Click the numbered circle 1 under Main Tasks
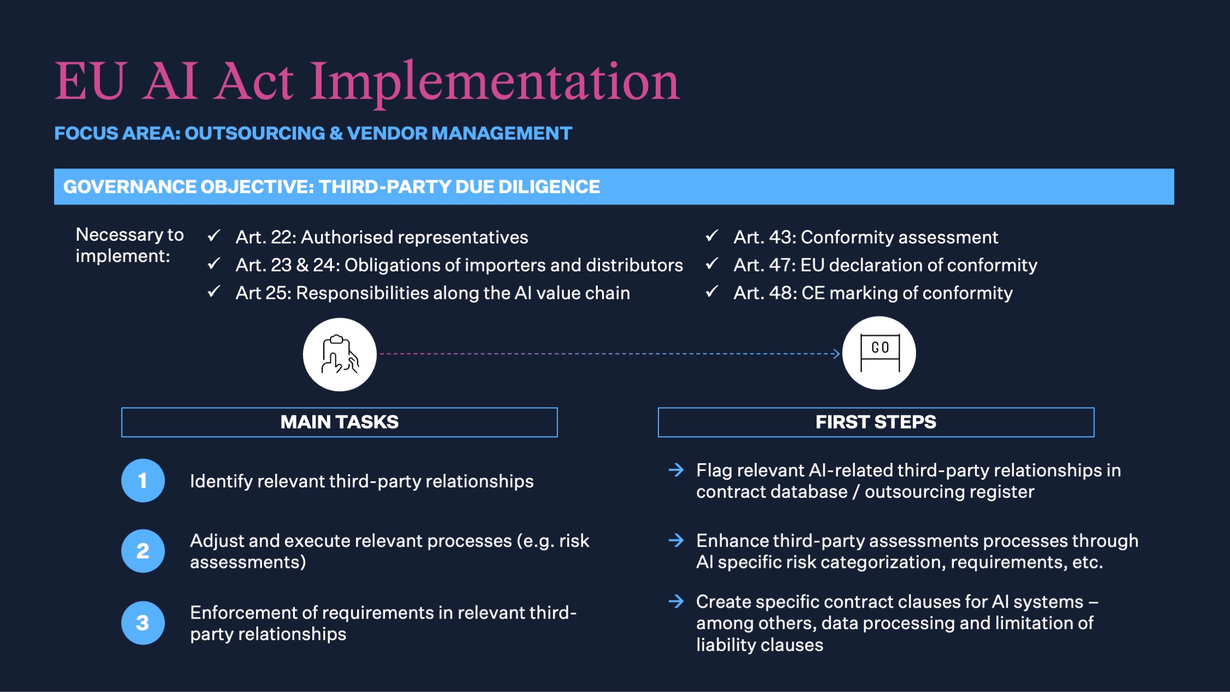point(143,480)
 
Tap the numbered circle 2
point(143,551)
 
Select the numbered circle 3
point(143,623)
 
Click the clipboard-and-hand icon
point(340,354)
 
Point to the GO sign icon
point(879,353)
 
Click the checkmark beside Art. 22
point(214,236)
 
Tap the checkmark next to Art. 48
point(712,292)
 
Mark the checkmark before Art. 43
point(712,236)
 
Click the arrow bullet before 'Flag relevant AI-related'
point(677,470)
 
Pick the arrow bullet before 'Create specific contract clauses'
point(677,601)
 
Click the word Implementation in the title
point(495,83)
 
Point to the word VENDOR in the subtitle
point(387,133)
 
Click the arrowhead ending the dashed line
point(836,354)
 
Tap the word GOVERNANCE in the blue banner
point(131,187)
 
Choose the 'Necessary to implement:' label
point(130,245)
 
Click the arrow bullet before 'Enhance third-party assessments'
point(677,540)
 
